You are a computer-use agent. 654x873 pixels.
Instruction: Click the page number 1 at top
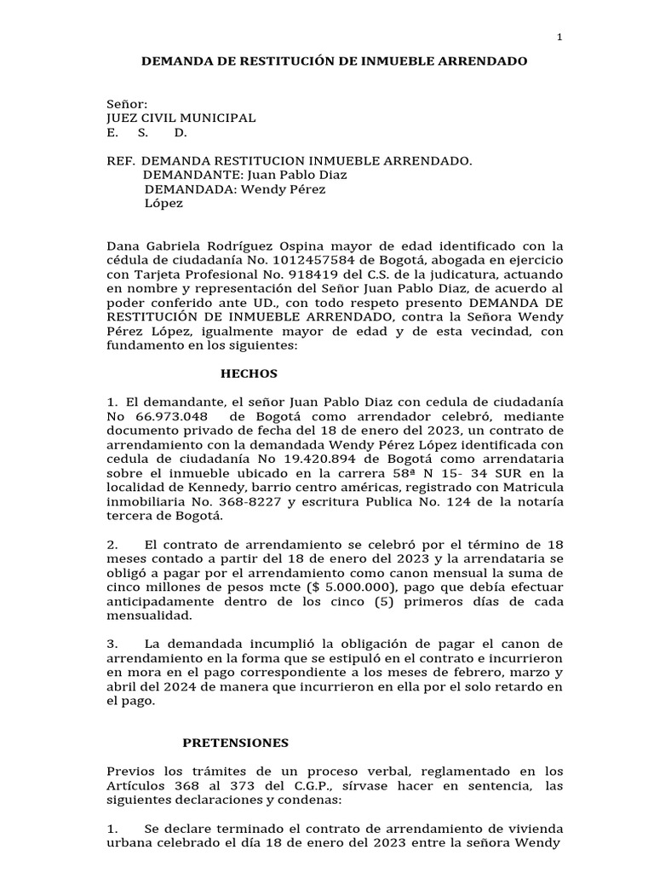point(559,37)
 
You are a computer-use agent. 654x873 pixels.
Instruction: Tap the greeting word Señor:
point(128,103)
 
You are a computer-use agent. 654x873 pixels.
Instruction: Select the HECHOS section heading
point(250,373)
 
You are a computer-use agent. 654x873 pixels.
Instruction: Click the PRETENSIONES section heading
point(236,743)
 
